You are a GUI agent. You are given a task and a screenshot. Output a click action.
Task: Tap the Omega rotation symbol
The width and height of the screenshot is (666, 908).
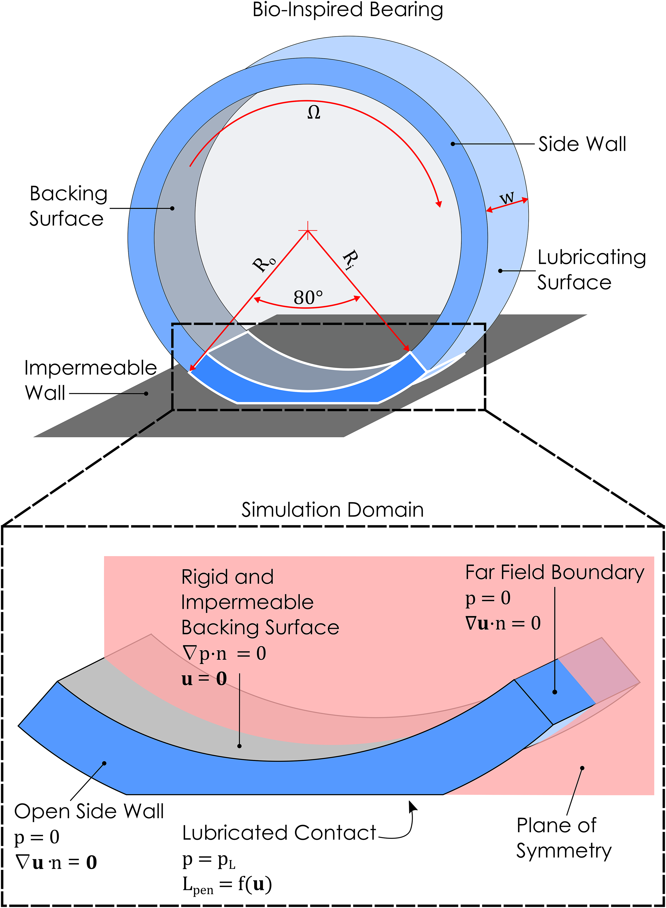click(314, 113)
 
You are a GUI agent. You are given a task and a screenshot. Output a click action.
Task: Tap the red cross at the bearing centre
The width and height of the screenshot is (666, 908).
click(308, 230)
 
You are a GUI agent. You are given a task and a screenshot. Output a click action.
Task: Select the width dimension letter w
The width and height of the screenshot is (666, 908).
click(507, 198)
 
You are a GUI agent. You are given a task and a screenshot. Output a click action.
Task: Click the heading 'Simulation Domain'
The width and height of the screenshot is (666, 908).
click(333, 510)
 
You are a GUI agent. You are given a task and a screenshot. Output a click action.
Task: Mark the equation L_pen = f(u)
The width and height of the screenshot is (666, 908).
click(227, 885)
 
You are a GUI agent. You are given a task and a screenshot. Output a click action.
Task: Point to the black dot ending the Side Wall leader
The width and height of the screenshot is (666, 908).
click(453, 144)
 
